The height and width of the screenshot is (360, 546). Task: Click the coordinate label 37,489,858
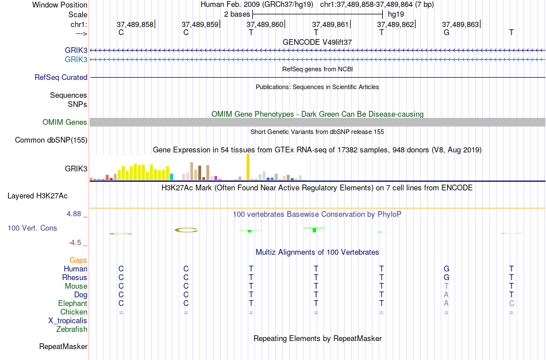[x=135, y=25]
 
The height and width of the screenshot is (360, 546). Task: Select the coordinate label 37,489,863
[x=460, y=25]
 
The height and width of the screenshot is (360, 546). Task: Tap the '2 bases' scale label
[x=237, y=14]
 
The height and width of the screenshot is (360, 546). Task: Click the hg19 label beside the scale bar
[x=396, y=14]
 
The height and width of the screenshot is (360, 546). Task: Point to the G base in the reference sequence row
[x=446, y=33]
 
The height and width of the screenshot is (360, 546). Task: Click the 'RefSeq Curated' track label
[x=61, y=77]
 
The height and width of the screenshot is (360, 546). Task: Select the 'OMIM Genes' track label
[x=65, y=122]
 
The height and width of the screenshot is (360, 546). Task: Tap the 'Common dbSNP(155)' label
[x=51, y=140]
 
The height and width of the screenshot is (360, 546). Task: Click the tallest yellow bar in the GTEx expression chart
[x=248, y=167]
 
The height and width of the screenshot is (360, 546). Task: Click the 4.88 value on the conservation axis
[x=77, y=214]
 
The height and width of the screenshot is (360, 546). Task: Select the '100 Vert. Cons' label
[x=32, y=228]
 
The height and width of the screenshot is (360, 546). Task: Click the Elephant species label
[x=72, y=303]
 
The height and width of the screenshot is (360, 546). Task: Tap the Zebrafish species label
[x=72, y=330]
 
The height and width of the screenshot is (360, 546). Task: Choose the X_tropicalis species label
[x=68, y=321]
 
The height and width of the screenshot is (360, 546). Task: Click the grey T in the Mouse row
[x=446, y=286]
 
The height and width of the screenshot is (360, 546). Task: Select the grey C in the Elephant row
[x=512, y=303]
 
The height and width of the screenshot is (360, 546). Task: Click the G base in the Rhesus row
[x=446, y=277]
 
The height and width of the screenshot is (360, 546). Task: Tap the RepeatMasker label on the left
[x=63, y=347]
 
